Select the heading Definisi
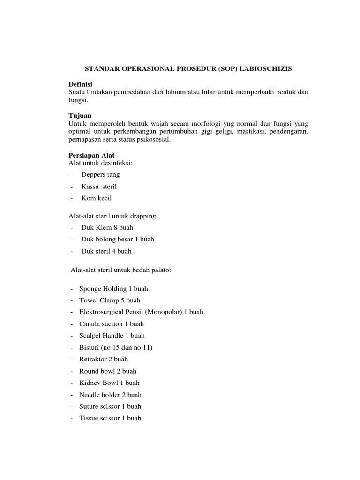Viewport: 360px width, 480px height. [x=81, y=84]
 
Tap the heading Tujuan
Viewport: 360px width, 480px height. [x=80, y=115]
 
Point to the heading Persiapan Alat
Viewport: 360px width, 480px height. [x=91, y=155]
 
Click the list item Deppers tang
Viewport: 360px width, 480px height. [x=100, y=175]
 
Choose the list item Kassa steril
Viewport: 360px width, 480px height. [x=99, y=187]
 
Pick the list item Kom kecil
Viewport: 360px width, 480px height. [x=97, y=198]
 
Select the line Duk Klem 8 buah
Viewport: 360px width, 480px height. [x=107, y=227]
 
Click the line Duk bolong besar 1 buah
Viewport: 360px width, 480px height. [x=118, y=239]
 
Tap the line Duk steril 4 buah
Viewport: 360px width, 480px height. [x=106, y=251]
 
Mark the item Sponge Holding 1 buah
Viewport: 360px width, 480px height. [x=113, y=289]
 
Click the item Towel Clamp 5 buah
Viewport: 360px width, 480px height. [x=110, y=300]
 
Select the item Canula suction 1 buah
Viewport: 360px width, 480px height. [x=112, y=324]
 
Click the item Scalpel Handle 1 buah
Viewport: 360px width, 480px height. [x=112, y=336]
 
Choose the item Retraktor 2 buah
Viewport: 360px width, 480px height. [x=103, y=360]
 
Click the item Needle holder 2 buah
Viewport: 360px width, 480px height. [x=110, y=395]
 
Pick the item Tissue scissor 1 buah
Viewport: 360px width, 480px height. [x=110, y=418]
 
